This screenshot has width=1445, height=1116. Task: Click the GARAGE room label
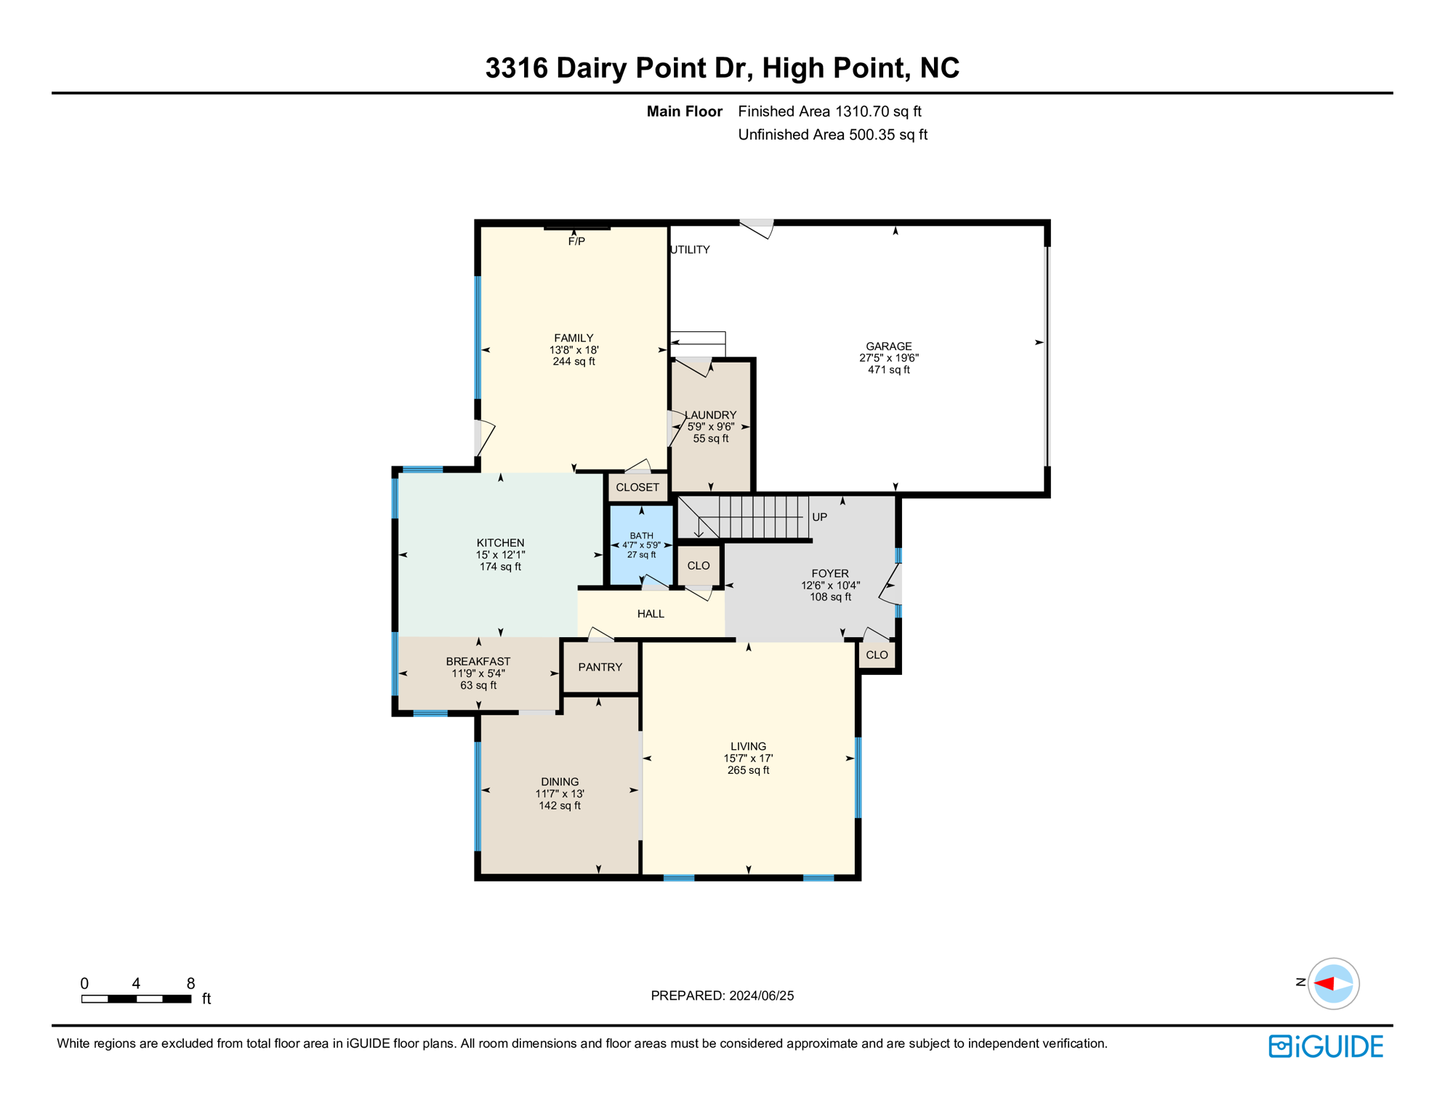888,347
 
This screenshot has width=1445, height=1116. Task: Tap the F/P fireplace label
576,241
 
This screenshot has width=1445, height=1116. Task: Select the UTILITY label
690,250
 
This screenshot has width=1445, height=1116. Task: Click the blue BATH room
641,546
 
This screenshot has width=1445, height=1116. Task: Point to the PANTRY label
600,667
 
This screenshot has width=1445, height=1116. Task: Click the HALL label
651,614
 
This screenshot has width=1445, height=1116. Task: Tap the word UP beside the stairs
819,517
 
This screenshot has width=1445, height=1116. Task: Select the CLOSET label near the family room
637,488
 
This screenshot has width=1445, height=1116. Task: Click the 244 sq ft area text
573,361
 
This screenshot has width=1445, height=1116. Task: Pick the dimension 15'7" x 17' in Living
748,758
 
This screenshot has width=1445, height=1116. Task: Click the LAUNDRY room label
711,415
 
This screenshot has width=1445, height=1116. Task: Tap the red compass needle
1324,984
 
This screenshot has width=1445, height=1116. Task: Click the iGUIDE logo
1326,1046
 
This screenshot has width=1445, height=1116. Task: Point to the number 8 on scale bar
190,983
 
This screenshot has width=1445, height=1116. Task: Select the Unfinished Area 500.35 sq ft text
832,134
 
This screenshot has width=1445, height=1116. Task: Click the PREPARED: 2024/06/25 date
722,995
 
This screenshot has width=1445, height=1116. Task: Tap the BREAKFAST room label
478,661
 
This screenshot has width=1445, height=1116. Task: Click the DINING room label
559,782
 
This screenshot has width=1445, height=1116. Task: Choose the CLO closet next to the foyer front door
877,655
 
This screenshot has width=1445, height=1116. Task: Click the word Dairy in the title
592,68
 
